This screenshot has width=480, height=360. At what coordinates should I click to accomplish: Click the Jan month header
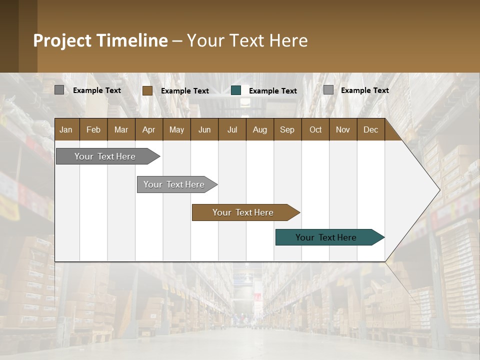click(x=66, y=129)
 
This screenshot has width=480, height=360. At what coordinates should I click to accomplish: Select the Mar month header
click(x=121, y=129)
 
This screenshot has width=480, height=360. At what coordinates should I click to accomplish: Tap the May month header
click(x=176, y=129)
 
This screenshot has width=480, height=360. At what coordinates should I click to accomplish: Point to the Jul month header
click(x=232, y=129)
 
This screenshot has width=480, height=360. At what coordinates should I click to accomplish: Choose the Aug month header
click(x=259, y=129)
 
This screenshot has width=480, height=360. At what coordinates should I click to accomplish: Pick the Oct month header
click(x=315, y=129)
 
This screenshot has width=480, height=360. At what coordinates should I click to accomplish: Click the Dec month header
click(x=370, y=129)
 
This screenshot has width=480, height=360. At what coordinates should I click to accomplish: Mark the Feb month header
click(x=93, y=129)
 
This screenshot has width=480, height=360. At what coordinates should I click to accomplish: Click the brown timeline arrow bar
click(x=243, y=212)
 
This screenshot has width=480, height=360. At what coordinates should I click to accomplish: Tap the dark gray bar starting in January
click(x=105, y=156)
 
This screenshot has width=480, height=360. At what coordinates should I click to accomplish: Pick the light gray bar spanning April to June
click(x=174, y=184)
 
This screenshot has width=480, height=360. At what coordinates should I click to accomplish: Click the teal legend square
click(x=236, y=90)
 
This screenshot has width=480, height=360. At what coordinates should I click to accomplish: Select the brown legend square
click(x=147, y=90)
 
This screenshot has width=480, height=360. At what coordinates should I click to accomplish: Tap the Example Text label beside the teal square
click(x=272, y=91)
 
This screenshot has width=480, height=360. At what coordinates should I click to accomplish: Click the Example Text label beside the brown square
click(x=184, y=91)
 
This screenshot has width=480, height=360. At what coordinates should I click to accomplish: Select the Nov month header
click(x=342, y=129)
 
